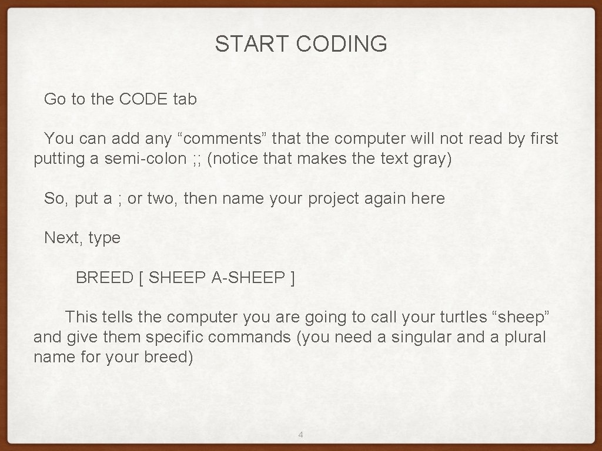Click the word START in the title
click(x=252, y=44)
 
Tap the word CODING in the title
click(x=342, y=44)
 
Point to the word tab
click(x=185, y=99)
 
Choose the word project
click(x=333, y=198)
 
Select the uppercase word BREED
click(x=105, y=278)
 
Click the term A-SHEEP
click(x=248, y=278)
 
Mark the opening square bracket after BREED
click(x=141, y=278)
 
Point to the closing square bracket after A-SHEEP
click(x=293, y=278)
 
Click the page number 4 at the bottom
click(x=301, y=435)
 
